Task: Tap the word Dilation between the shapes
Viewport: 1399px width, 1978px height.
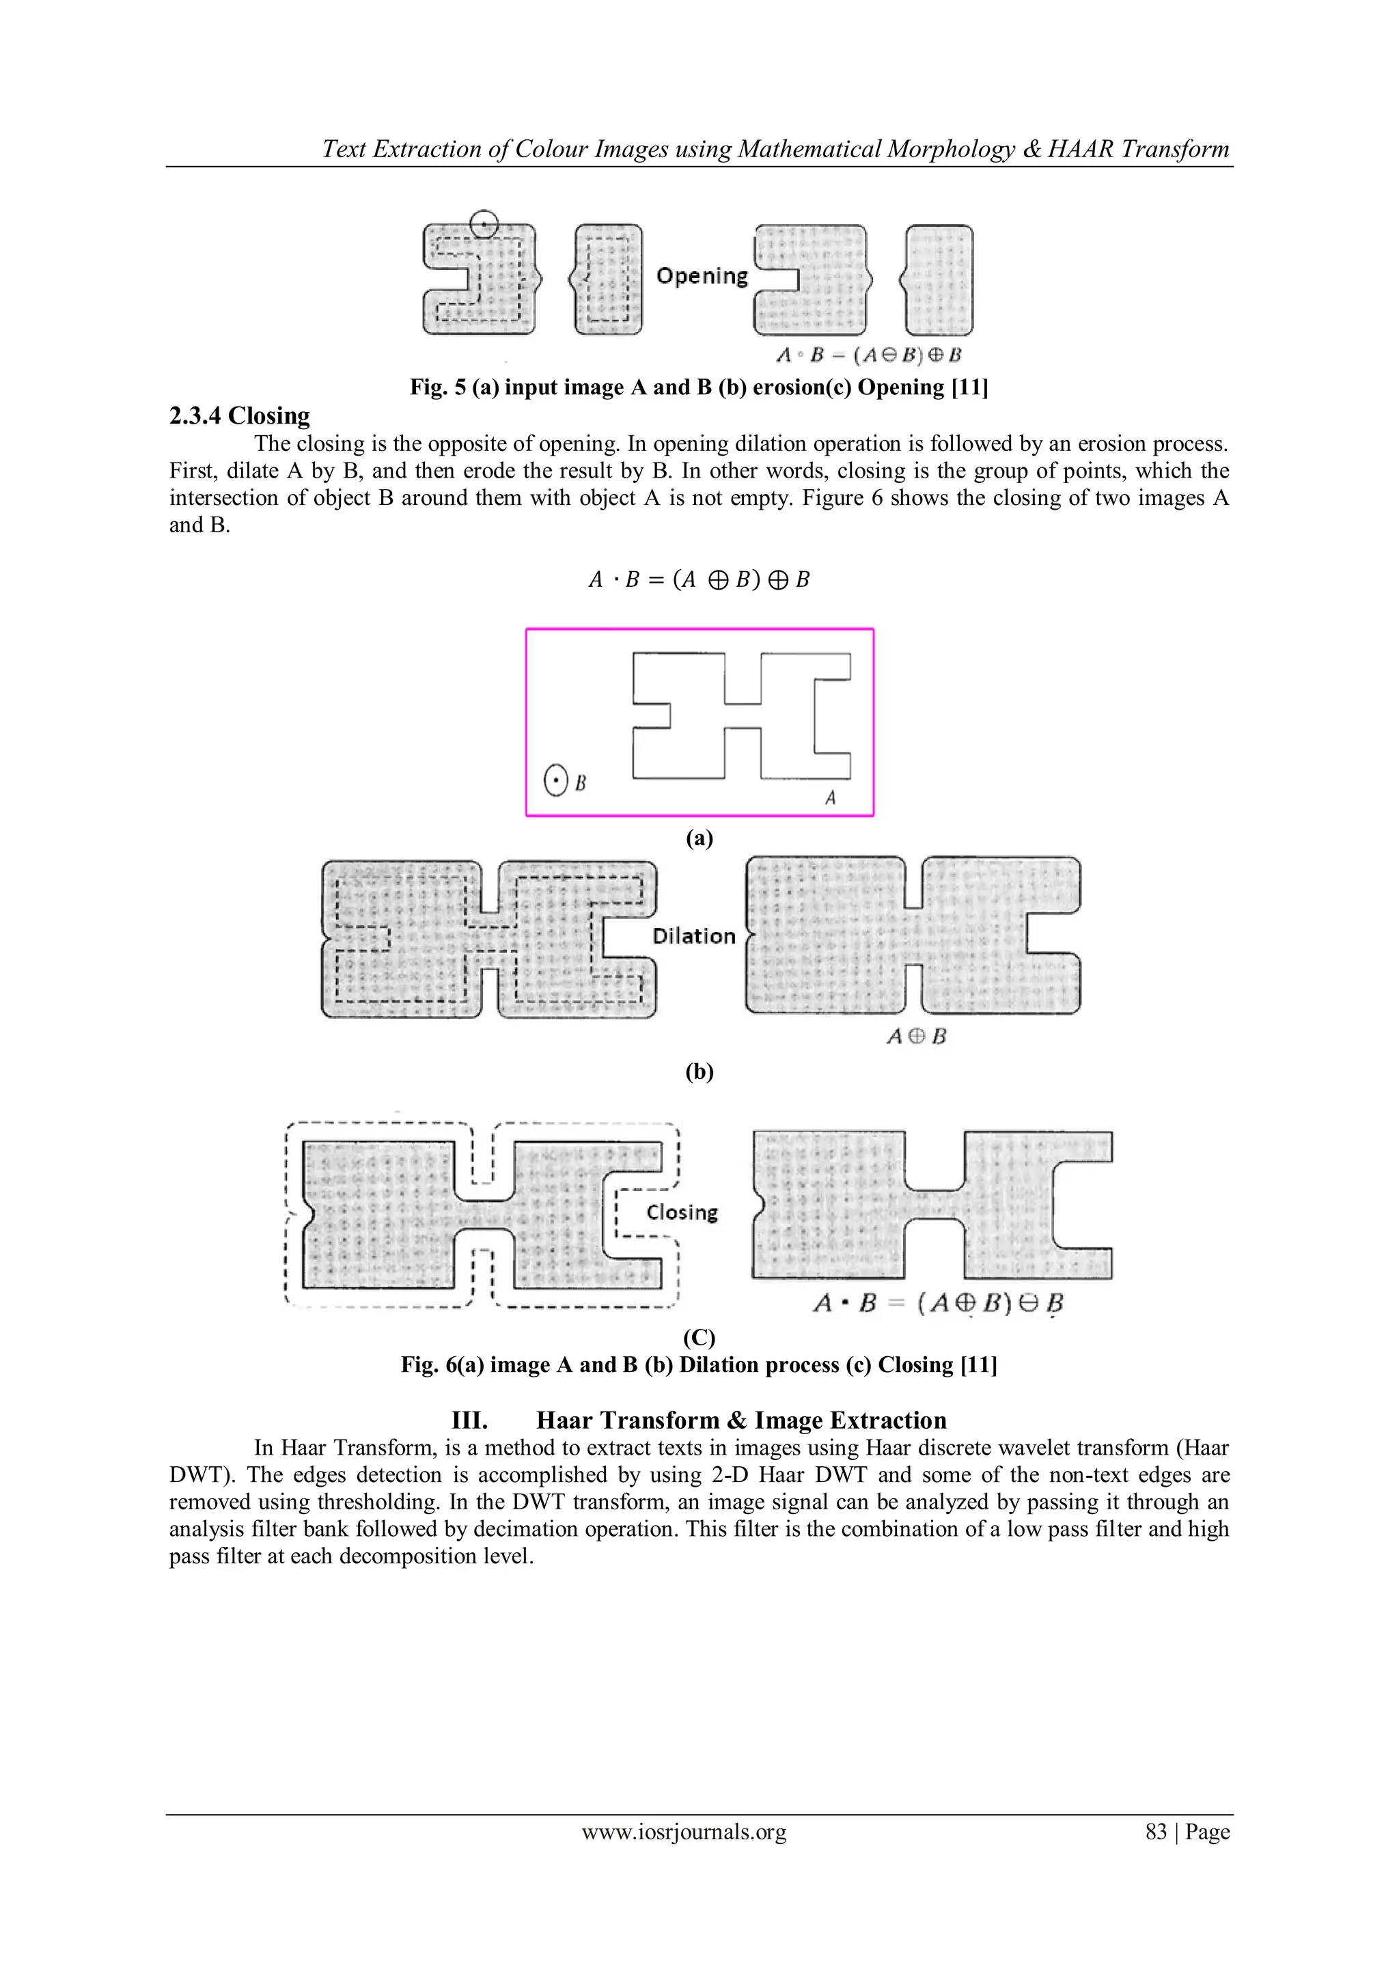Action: pyautogui.click(x=693, y=937)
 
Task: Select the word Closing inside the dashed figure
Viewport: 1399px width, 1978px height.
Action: pyautogui.click(x=682, y=1212)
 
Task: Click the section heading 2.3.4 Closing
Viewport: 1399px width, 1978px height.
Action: pyautogui.click(x=240, y=416)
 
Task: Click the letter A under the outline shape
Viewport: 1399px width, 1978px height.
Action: pyautogui.click(x=831, y=798)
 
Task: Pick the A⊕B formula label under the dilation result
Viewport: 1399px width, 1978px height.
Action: pyautogui.click(x=917, y=1036)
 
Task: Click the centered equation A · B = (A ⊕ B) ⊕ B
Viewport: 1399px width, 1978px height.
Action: pyautogui.click(x=699, y=580)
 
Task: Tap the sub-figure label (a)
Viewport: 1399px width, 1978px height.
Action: pyautogui.click(x=699, y=838)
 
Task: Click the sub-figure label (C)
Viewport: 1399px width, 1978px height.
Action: pyautogui.click(x=699, y=1337)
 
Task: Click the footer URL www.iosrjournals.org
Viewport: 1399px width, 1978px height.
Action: pyautogui.click(x=684, y=1832)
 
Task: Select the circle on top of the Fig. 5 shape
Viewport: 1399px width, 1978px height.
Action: pyautogui.click(x=484, y=224)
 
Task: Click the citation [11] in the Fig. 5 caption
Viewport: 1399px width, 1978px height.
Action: pyautogui.click(x=969, y=387)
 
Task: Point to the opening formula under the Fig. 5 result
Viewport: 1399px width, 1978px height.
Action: pyautogui.click(x=868, y=355)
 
